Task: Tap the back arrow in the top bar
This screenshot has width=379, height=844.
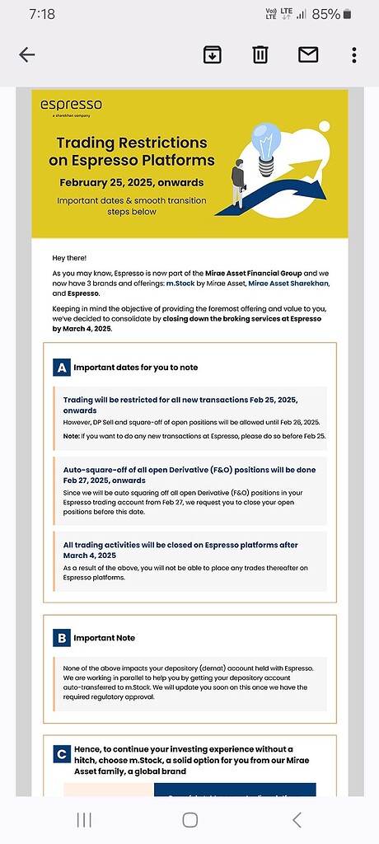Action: click(x=27, y=55)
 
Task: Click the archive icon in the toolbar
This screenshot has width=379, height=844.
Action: click(x=213, y=55)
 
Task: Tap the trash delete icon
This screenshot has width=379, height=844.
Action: click(x=260, y=55)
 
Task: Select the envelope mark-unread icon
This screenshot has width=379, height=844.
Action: click(x=308, y=55)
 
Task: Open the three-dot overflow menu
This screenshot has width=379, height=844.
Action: click(x=354, y=55)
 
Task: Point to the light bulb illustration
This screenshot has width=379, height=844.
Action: click(x=265, y=146)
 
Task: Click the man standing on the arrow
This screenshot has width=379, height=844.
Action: click(x=238, y=182)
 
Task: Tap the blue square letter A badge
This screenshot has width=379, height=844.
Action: click(x=61, y=367)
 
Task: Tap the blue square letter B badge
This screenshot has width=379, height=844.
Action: click(x=61, y=637)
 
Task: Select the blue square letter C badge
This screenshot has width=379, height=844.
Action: click(x=61, y=753)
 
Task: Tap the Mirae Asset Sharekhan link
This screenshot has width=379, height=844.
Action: click(x=288, y=284)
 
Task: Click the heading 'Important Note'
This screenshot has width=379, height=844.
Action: click(x=105, y=638)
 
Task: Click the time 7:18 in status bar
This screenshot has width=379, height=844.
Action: click(x=39, y=14)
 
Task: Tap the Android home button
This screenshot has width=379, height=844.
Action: click(x=189, y=819)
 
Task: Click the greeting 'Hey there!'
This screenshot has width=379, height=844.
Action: click(x=69, y=258)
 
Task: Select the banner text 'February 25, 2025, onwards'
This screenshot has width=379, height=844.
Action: click(x=131, y=182)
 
